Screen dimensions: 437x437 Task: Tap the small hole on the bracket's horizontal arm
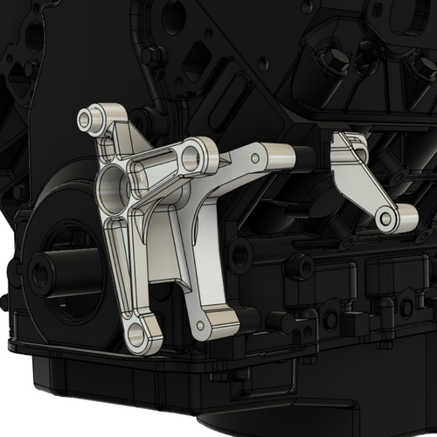pos(255,157)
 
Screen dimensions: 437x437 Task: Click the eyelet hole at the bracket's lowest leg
pos(136,334)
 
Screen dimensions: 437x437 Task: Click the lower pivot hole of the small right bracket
pos(385,219)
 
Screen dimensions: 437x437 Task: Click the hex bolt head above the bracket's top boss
pos(151,58)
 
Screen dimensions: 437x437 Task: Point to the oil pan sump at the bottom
pos(262,411)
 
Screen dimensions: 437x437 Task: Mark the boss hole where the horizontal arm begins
pos(191,158)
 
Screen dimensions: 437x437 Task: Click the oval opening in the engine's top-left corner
pos(35,35)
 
